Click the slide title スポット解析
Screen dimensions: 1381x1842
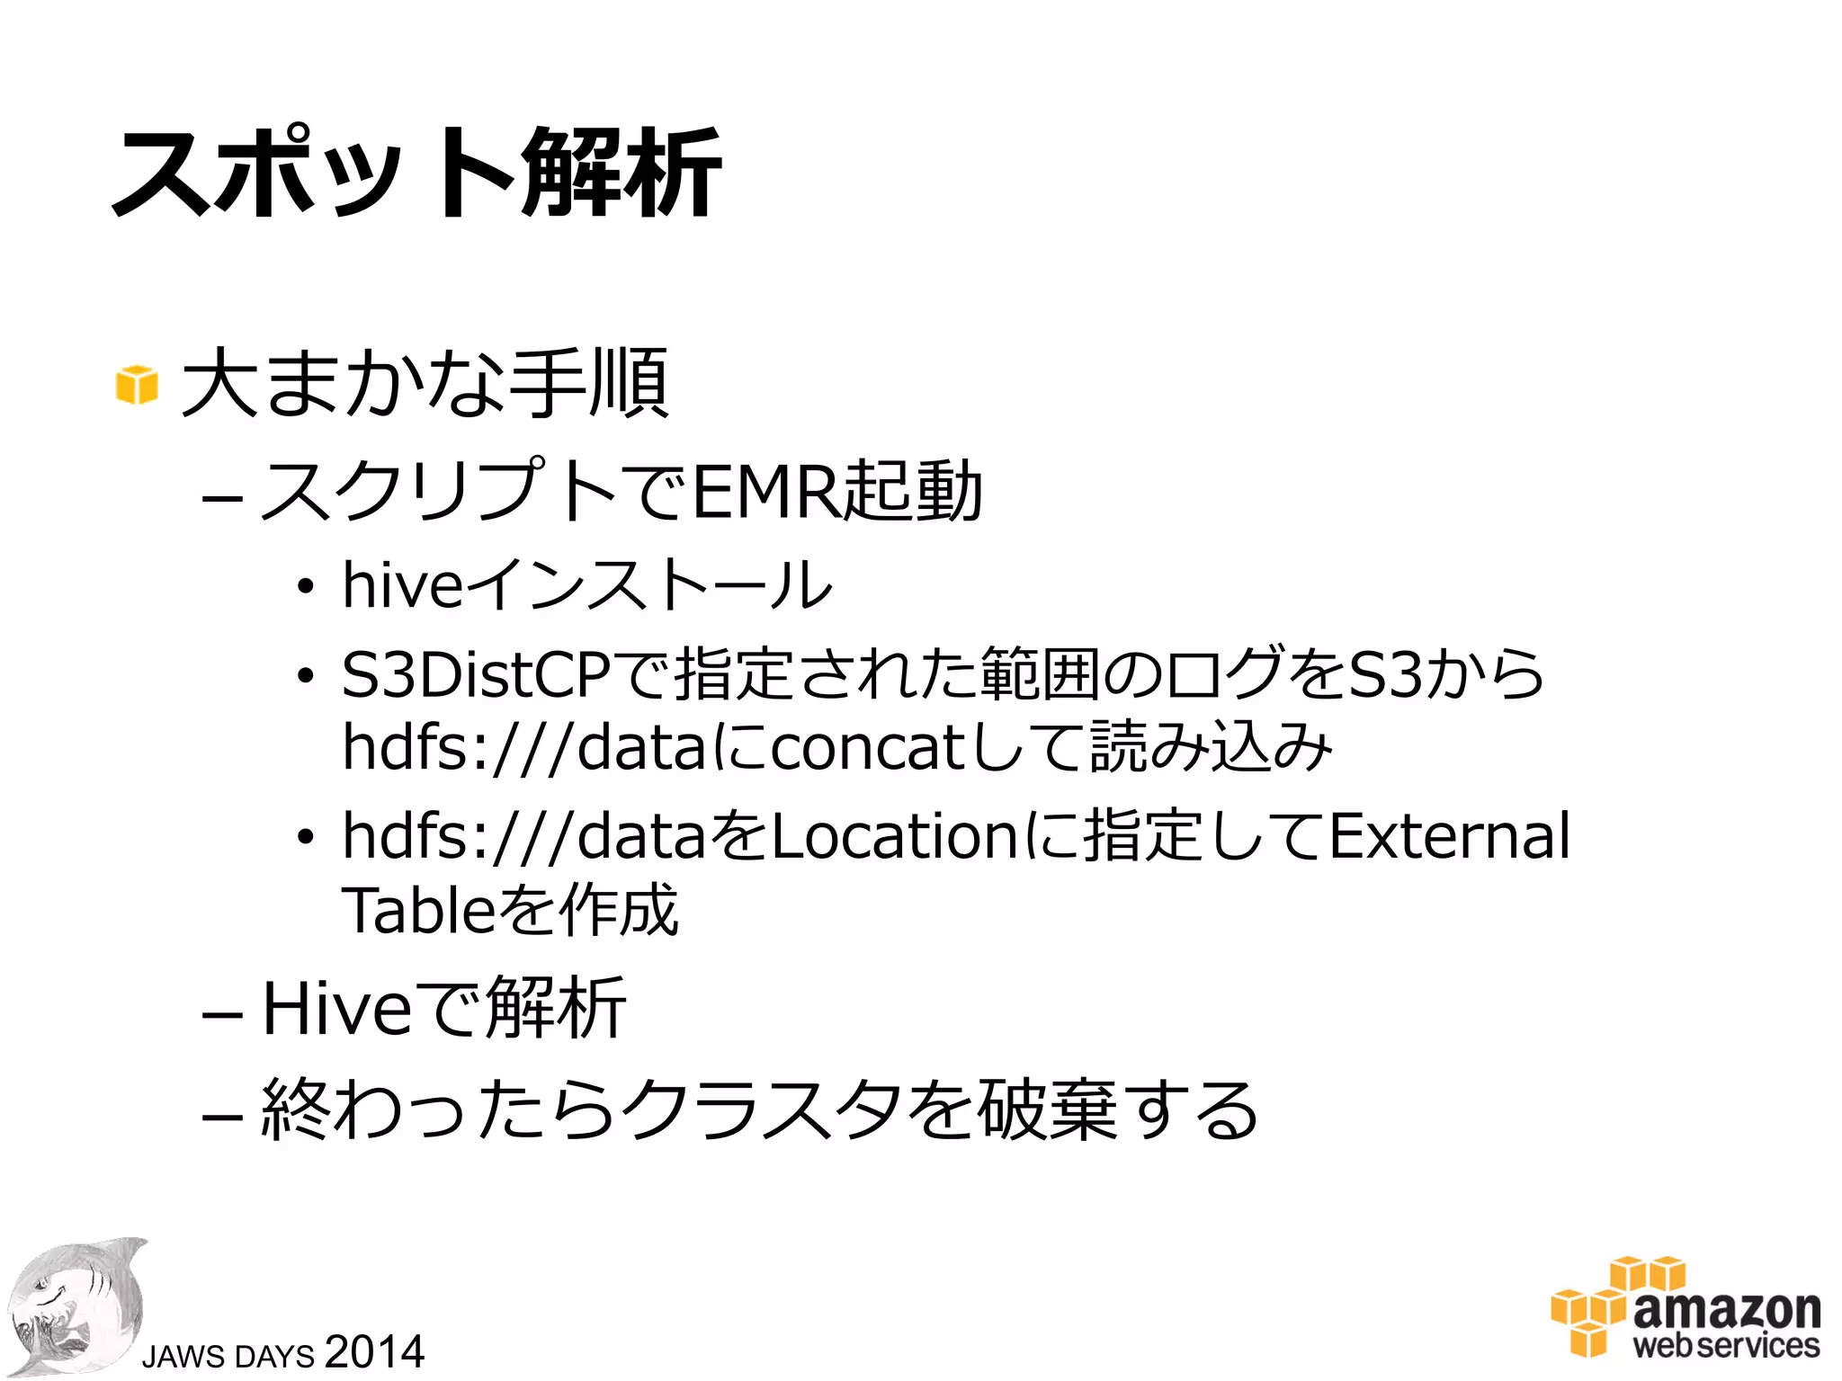416,172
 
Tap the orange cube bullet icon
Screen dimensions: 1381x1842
137,384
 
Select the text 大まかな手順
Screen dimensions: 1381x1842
425,384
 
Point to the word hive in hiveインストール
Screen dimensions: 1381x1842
402,584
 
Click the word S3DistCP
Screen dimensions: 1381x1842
476,674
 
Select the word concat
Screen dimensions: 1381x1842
866,747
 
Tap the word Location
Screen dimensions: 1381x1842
894,835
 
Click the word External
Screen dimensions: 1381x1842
1449,835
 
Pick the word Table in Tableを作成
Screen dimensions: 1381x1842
418,910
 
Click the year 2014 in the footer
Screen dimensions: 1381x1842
374,1351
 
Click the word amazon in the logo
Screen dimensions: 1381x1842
1727,1309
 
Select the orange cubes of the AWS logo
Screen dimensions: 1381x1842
1610,1304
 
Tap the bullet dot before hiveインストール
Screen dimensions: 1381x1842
306,586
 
